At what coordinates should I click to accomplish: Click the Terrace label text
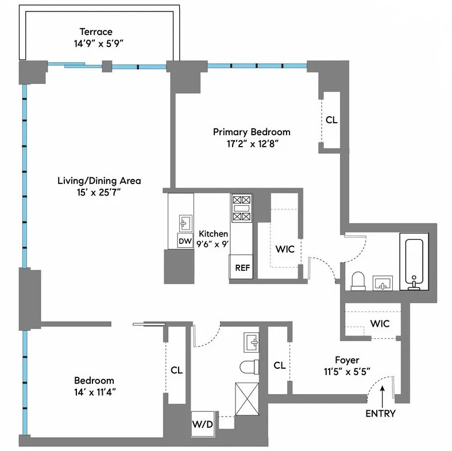[x=96, y=32]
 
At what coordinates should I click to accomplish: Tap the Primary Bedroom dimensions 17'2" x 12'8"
[x=252, y=144]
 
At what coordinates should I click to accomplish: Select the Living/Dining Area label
[x=99, y=181]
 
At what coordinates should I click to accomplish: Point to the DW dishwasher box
[x=184, y=241]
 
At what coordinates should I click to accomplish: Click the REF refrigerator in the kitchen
[x=240, y=267]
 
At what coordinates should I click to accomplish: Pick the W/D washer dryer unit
[x=202, y=425]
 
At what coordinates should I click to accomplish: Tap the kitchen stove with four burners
[x=241, y=208]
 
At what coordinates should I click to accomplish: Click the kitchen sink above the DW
[x=185, y=222]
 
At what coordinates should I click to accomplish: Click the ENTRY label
[x=380, y=413]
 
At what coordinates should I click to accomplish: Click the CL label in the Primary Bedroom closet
[x=331, y=121]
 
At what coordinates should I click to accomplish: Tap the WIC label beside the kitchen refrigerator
[x=285, y=250]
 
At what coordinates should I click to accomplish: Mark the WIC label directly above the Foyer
[x=380, y=324]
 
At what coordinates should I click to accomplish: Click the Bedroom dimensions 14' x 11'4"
[x=94, y=392]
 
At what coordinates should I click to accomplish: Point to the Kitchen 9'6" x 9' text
[x=214, y=239]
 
